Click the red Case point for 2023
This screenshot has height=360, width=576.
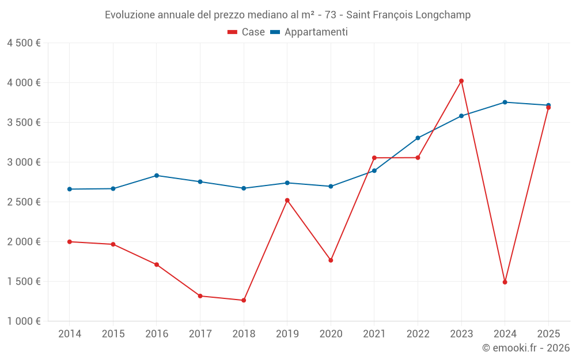click(x=461, y=81)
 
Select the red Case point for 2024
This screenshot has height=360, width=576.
click(x=505, y=282)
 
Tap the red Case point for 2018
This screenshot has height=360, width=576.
click(x=244, y=300)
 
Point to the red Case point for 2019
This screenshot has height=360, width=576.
click(x=287, y=200)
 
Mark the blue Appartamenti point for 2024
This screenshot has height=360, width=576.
click(x=505, y=103)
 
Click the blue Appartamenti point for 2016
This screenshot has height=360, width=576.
click(x=157, y=176)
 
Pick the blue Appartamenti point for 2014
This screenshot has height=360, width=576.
click(x=70, y=189)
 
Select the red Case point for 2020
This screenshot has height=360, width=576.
click(x=331, y=260)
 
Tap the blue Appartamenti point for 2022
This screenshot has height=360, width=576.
click(x=418, y=138)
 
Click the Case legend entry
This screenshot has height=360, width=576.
click(x=247, y=32)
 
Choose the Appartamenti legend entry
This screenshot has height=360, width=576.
click(x=309, y=32)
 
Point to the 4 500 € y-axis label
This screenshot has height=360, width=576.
click(x=24, y=43)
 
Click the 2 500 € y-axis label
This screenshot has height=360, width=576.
click(x=24, y=202)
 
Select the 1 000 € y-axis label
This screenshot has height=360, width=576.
click(x=24, y=321)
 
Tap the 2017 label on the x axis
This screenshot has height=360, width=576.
click(x=200, y=334)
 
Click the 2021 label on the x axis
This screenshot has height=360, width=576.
click(x=374, y=334)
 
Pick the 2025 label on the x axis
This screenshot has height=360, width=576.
click(x=548, y=334)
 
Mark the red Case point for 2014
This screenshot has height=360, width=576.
click(x=70, y=242)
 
